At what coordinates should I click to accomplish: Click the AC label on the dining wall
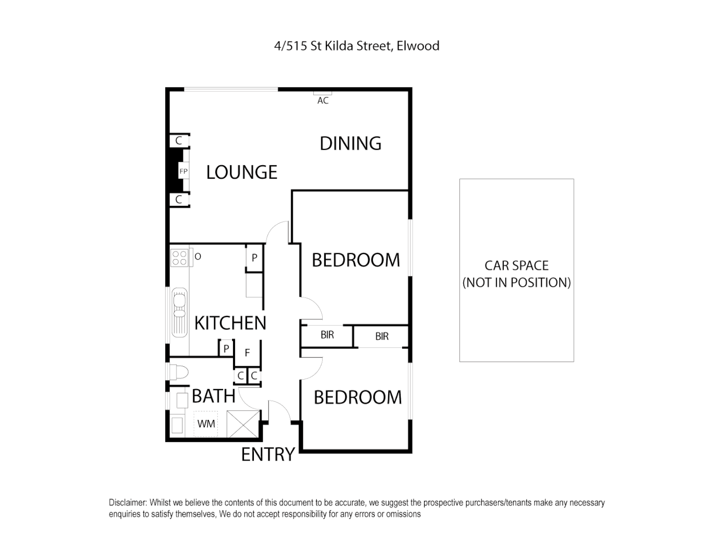point(323,100)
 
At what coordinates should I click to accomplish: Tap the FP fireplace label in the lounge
point(183,171)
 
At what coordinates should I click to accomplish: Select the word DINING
point(351,143)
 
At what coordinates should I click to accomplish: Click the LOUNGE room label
point(241,172)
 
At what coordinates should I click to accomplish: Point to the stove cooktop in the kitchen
point(179,257)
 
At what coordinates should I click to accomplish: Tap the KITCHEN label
point(230,323)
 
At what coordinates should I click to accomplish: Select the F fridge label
point(247,353)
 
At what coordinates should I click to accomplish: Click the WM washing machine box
point(206,424)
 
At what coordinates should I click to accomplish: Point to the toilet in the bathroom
point(178,371)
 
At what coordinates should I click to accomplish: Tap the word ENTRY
point(268,455)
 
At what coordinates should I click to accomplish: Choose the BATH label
point(213,396)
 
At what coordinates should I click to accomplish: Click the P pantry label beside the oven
point(254,258)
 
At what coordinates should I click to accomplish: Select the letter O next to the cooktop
point(198,257)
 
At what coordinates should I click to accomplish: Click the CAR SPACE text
point(517,266)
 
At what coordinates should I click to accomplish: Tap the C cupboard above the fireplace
point(179,141)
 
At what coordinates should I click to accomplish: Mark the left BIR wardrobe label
point(327,335)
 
